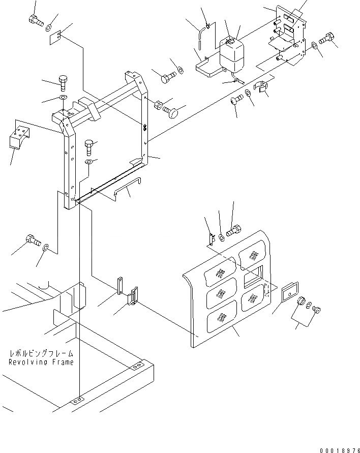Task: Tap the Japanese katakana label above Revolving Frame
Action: coord(41,353)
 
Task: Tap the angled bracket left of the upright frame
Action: coord(18,137)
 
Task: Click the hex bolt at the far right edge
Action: coord(327,39)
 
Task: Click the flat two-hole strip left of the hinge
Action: coord(120,285)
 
